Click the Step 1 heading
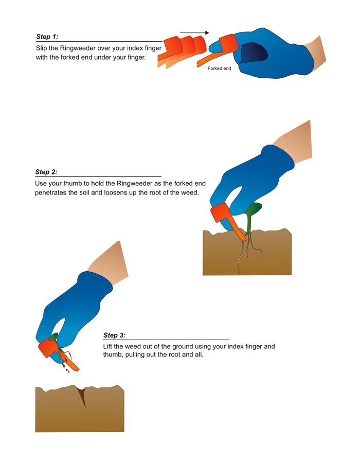pyautogui.click(x=47, y=37)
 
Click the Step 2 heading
pyautogui.click(x=46, y=172)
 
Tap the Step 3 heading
pyautogui.click(x=114, y=335)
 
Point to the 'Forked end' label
pyautogui.click(x=219, y=68)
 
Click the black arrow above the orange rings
pyautogui.click(x=194, y=32)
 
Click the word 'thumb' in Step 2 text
pyautogui.click(x=73, y=183)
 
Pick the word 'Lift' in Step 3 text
pyautogui.click(x=107, y=346)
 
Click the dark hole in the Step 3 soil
pyautogui.click(x=82, y=396)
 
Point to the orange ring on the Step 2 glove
pyautogui.click(x=220, y=213)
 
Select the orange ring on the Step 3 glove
pyautogui.click(x=48, y=348)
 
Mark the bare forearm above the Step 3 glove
pyautogui.click(x=110, y=264)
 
